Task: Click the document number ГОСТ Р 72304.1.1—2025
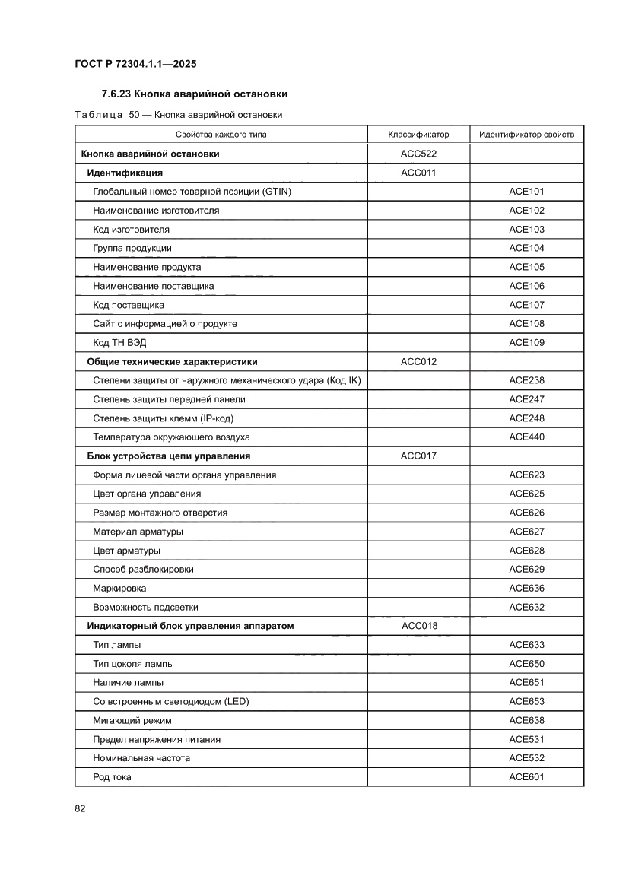(x=136, y=64)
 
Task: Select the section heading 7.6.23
(x=194, y=94)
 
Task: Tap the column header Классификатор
(x=418, y=135)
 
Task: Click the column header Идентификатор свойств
(x=526, y=135)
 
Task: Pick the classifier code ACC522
(x=418, y=154)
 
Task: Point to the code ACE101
(x=526, y=192)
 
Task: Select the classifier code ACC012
(x=418, y=361)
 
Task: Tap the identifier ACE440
(x=526, y=437)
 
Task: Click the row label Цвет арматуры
(x=126, y=551)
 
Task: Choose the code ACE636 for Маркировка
(x=526, y=588)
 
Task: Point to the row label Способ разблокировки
(x=143, y=569)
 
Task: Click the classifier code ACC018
(x=418, y=626)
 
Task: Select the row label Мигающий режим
(x=132, y=720)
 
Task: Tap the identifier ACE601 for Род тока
(x=526, y=776)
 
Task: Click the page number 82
(x=80, y=808)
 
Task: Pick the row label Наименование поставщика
(x=153, y=286)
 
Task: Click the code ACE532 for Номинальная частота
(x=526, y=758)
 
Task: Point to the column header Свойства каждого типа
(x=221, y=135)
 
